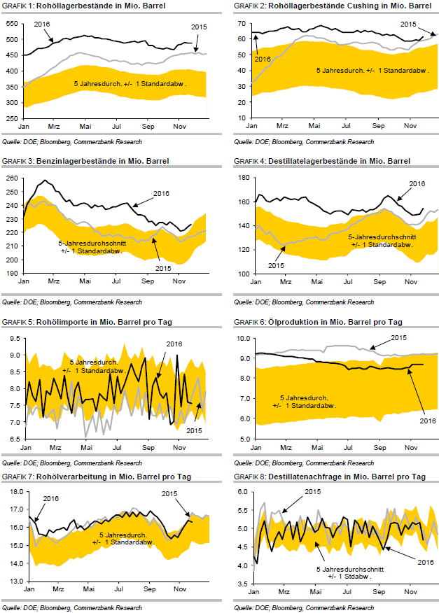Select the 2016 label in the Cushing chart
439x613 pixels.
pyautogui.click(x=263, y=59)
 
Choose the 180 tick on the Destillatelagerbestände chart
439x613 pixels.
pyautogui.click(x=243, y=178)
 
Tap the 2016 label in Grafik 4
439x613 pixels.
pyautogui.click(x=417, y=183)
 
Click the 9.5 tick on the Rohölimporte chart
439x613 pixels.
pyautogui.click(x=15, y=338)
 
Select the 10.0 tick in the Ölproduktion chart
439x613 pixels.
pyautogui.click(x=242, y=338)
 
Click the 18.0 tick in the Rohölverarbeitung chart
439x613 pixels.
pyautogui.click(x=13, y=492)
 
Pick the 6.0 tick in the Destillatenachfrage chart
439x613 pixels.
pyautogui.click(x=243, y=492)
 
